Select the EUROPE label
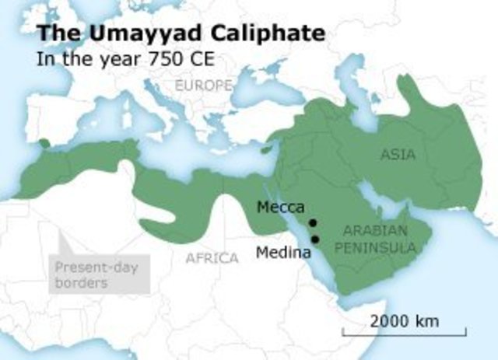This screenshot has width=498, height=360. point(204,84)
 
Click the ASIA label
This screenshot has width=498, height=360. point(398,154)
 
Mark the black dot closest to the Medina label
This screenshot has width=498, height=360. point(316,239)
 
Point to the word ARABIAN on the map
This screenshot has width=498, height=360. point(375,231)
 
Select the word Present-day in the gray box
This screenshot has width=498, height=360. point(88,269)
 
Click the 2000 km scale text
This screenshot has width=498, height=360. point(405,320)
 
